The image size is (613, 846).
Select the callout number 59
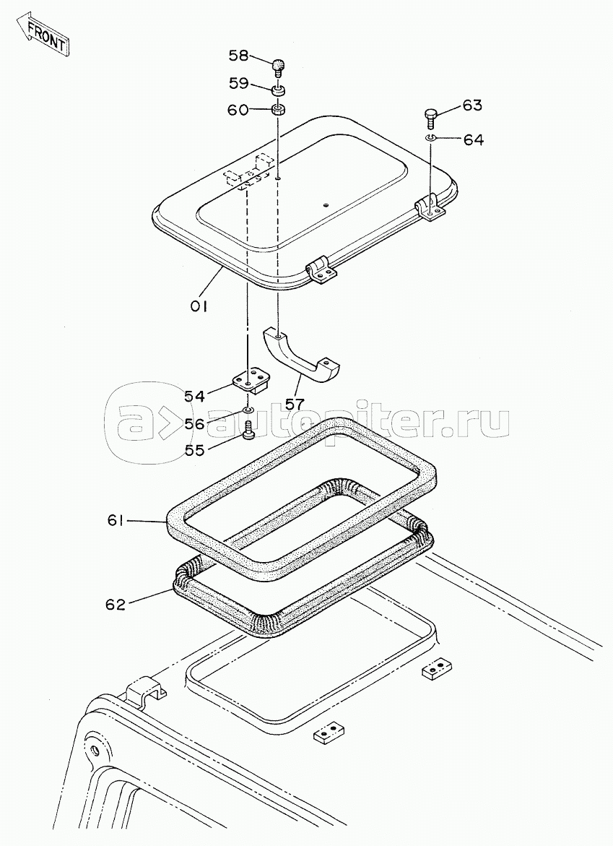coord(240,83)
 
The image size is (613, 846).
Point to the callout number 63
coord(471,105)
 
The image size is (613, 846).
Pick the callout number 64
coord(473,140)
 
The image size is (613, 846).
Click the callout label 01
coord(199,306)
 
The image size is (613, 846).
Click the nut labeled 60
coord(279,111)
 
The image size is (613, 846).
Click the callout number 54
coord(194,396)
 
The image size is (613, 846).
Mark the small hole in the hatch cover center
coord(326,204)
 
